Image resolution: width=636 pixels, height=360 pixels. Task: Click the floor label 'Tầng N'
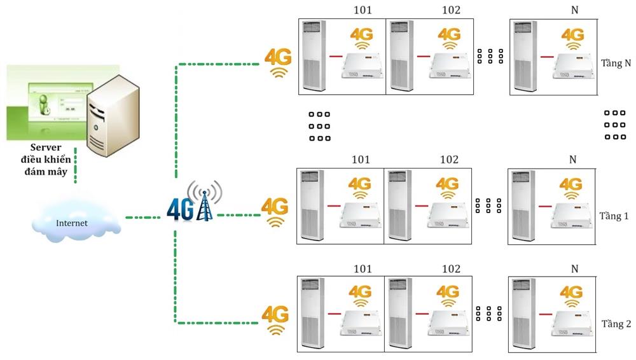tap(616, 64)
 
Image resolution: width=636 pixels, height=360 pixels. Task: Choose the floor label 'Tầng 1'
tap(614, 216)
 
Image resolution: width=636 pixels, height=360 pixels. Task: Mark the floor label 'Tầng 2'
tap(616, 324)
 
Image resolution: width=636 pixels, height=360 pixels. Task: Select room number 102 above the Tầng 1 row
tap(448, 159)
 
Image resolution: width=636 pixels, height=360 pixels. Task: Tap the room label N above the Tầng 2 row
tap(574, 268)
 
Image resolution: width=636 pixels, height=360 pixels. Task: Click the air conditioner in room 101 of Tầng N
tap(314, 56)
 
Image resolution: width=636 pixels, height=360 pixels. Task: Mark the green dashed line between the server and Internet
tap(76, 167)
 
